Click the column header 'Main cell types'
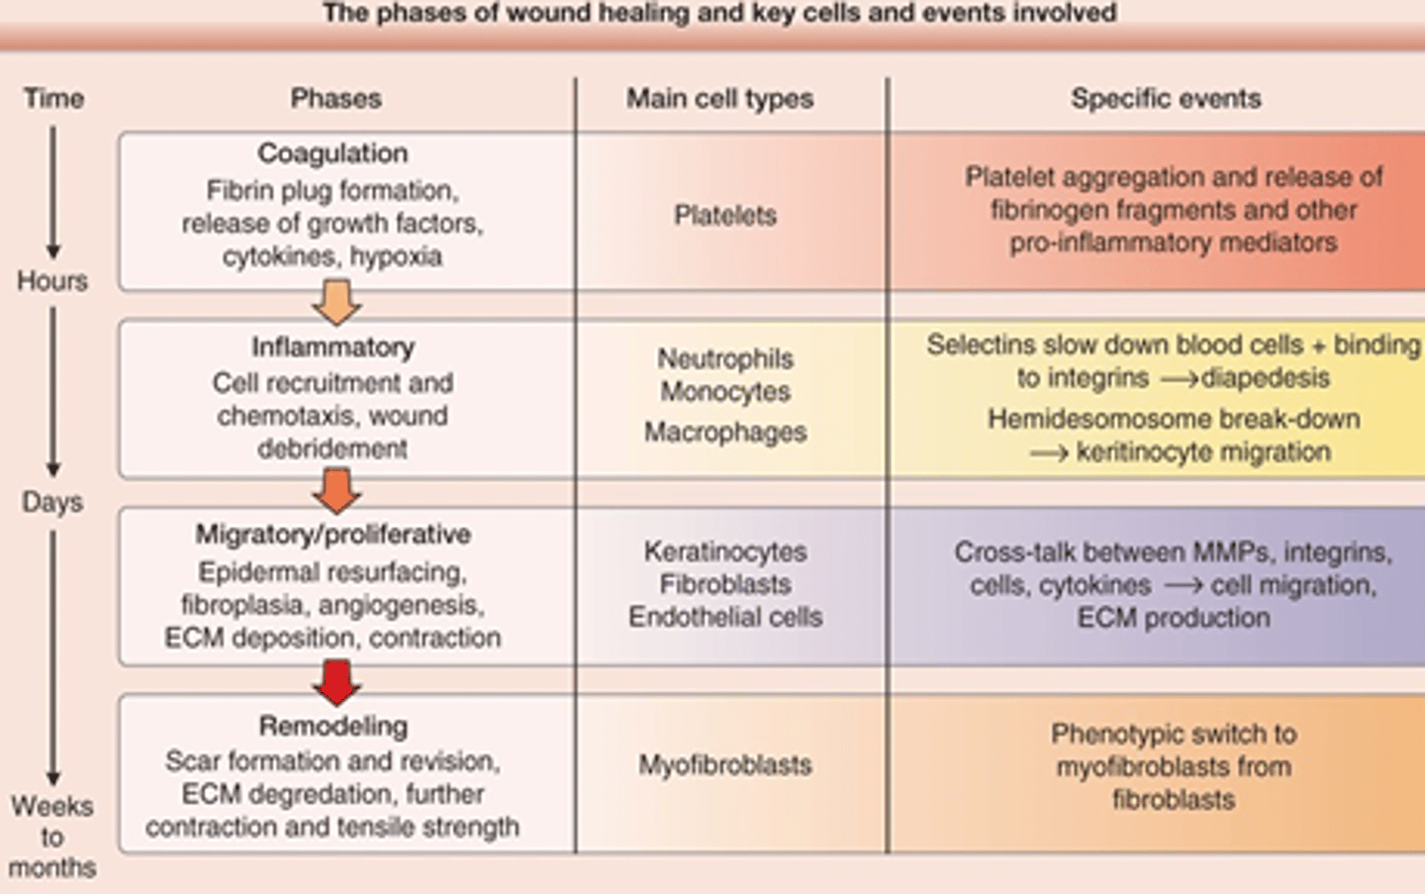[x=719, y=99]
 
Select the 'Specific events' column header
[x=1166, y=99]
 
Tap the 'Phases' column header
[x=335, y=99]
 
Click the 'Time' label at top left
[x=53, y=99]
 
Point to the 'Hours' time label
[x=52, y=281]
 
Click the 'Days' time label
[x=52, y=502]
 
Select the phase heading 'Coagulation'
[x=332, y=153]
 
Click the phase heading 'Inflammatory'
[x=332, y=348]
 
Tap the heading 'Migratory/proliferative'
[x=332, y=535]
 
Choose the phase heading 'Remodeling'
[x=332, y=726]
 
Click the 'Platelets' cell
[x=725, y=215]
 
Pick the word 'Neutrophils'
[x=725, y=358]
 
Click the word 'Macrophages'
[x=725, y=433]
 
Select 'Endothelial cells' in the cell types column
[x=725, y=617]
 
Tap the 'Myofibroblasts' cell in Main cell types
[x=725, y=765]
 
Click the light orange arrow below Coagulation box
[x=336, y=302]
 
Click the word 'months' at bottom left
[x=52, y=868]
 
